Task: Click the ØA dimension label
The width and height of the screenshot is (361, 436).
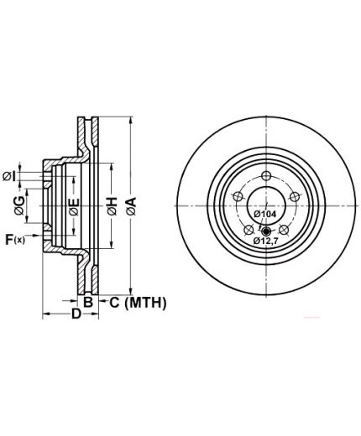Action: tap(131, 206)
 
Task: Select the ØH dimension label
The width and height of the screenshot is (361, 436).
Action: tap(112, 206)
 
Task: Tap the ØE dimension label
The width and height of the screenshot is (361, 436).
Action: tap(74, 207)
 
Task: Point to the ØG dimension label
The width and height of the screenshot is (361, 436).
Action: tap(19, 205)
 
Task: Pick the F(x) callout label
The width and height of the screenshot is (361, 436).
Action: tap(15, 240)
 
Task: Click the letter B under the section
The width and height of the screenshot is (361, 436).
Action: tap(88, 302)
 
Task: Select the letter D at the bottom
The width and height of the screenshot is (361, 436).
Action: tap(76, 314)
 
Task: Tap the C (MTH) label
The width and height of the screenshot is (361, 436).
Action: tap(138, 303)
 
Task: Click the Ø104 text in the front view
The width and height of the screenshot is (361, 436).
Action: tap(264, 215)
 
